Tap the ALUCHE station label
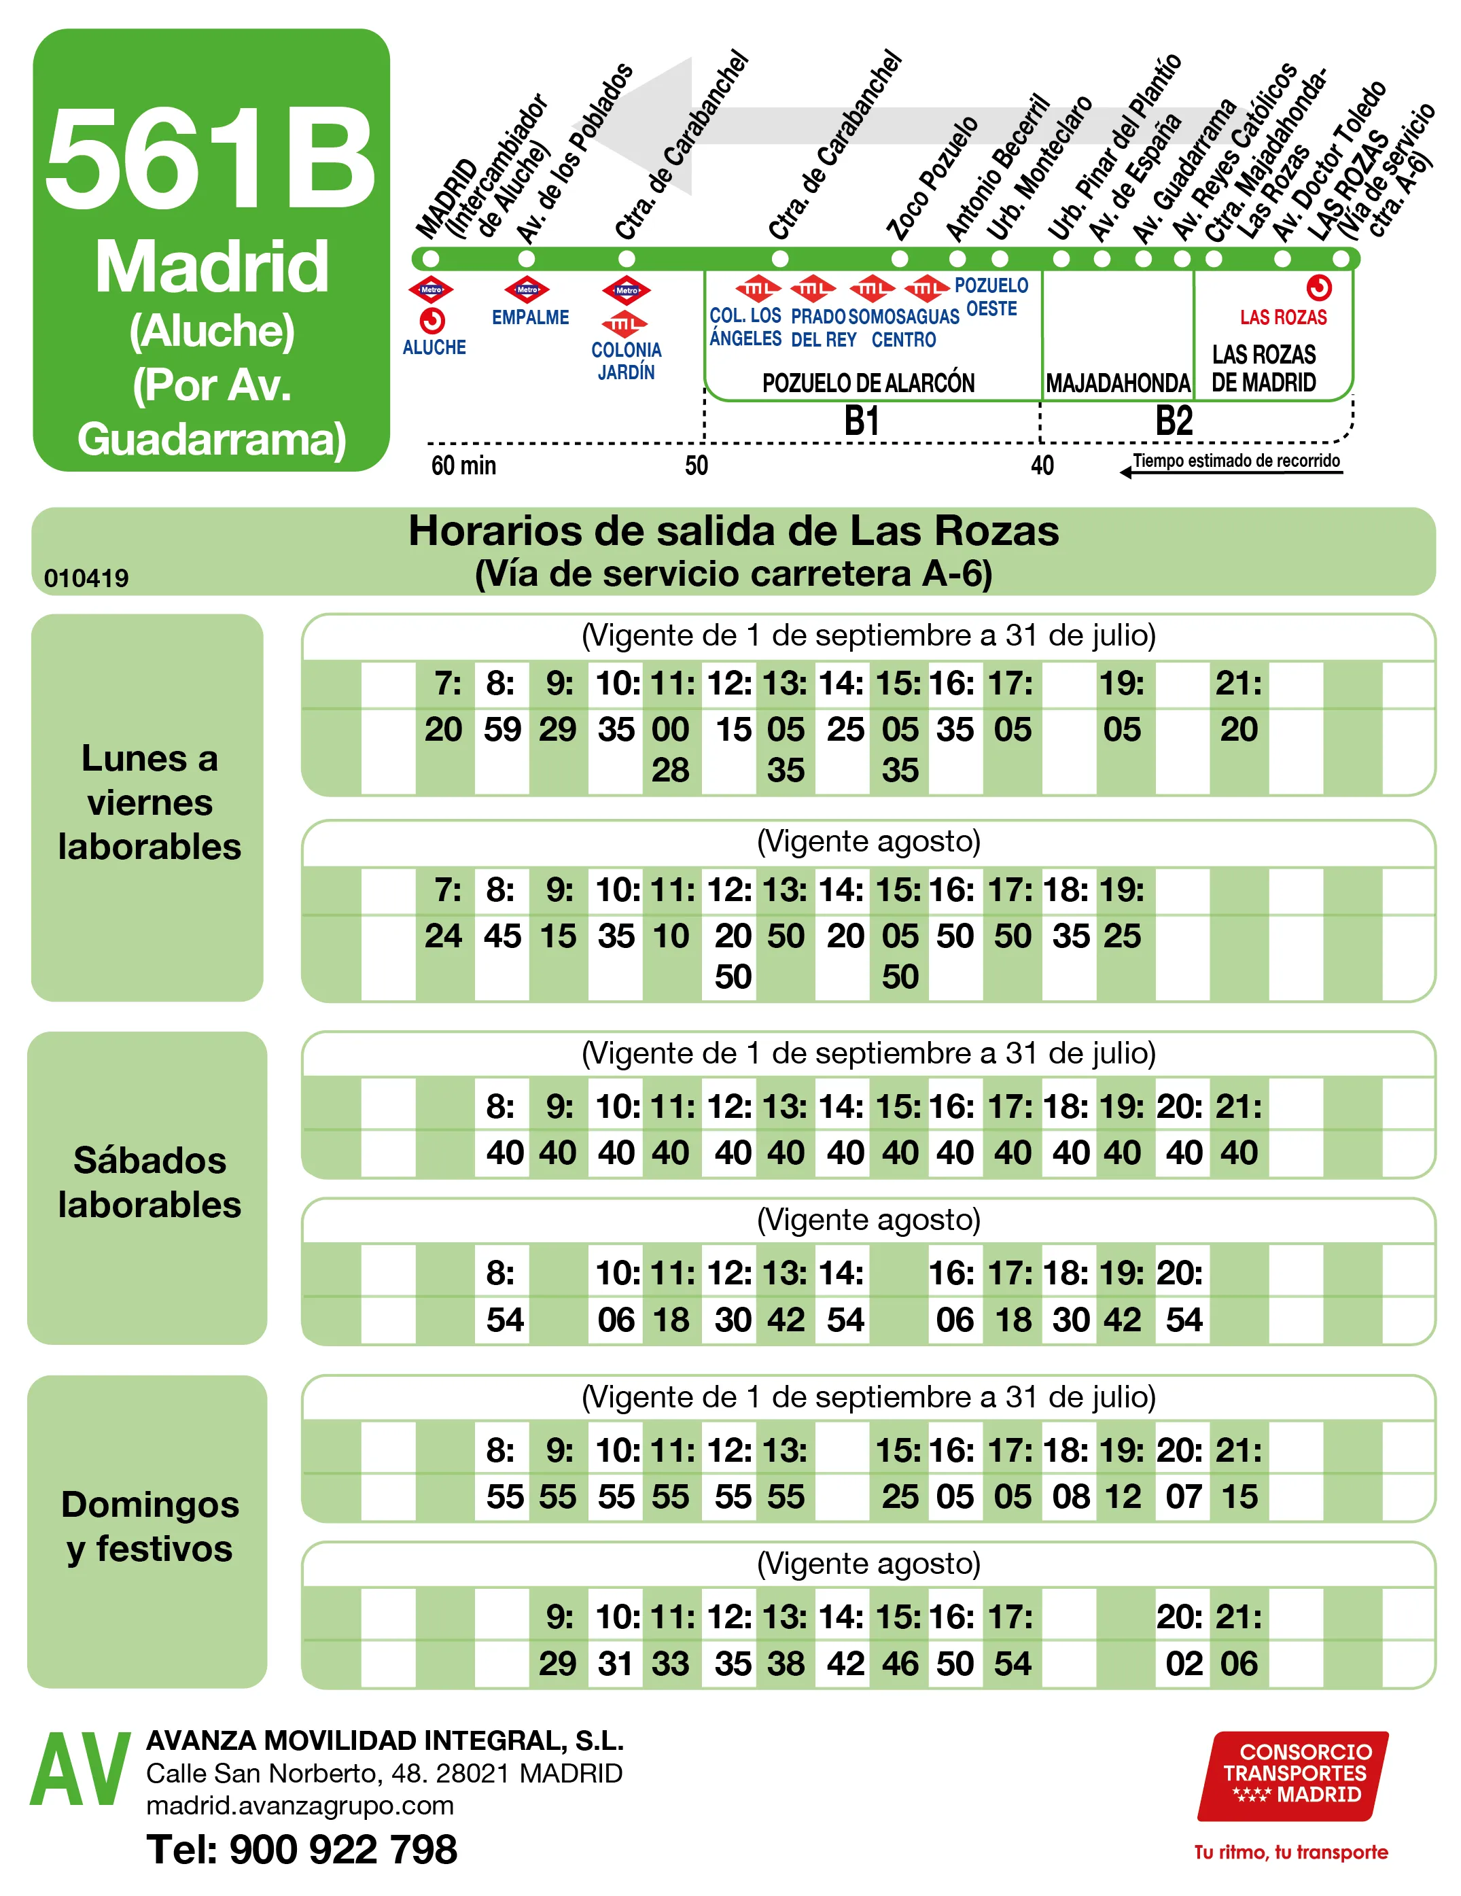pos(434,347)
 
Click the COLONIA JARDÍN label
pos(626,360)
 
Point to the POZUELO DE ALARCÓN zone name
pos(868,383)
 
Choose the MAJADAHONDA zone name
pos(1117,383)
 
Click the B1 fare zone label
pos(862,422)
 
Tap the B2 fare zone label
pos(1174,422)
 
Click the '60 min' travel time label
pos(463,466)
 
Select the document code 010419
pos(86,578)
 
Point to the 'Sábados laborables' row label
pos(149,1182)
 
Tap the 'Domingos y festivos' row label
pos(149,1526)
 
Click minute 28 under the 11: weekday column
pos(670,770)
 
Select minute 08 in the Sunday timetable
pos(1070,1496)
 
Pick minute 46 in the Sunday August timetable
pos(900,1664)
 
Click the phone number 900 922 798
pos(301,1849)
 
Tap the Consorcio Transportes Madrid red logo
pos(1292,1774)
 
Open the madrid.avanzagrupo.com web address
pos(300,1806)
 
